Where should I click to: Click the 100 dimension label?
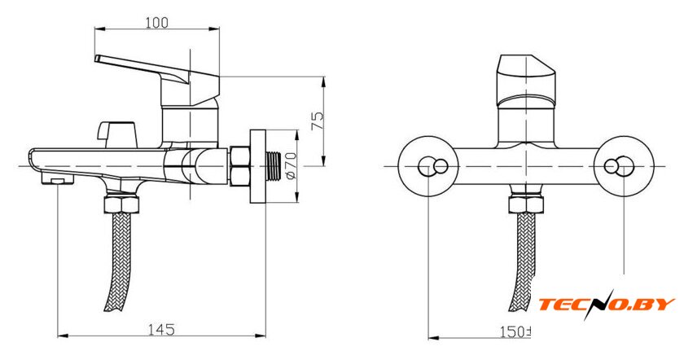(156, 22)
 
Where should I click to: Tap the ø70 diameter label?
(292, 165)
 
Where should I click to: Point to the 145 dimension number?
(161, 329)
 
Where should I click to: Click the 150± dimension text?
(515, 331)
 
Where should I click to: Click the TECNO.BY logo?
(607, 304)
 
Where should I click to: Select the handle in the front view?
(526, 81)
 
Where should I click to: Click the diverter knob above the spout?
(117, 134)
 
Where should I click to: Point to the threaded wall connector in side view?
(274, 166)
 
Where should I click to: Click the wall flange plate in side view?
(257, 166)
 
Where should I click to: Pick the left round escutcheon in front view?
(429, 166)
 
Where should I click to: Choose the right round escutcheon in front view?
(624, 166)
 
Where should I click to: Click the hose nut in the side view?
(121, 204)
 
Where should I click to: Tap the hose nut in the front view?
(526, 204)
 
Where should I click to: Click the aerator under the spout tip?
(58, 178)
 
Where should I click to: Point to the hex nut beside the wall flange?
(240, 166)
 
